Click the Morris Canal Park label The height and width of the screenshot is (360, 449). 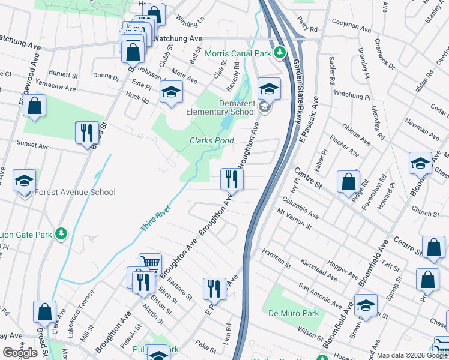coord(238,53)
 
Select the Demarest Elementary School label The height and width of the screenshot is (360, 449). coord(220,107)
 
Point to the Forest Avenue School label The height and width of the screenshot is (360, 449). coord(75,193)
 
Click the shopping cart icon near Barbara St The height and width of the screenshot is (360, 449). coord(150,263)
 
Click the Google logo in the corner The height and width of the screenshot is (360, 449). coord(20,353)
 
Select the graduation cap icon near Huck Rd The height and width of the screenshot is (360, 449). coord(171,92)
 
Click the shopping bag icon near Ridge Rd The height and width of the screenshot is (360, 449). coord(348,181)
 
